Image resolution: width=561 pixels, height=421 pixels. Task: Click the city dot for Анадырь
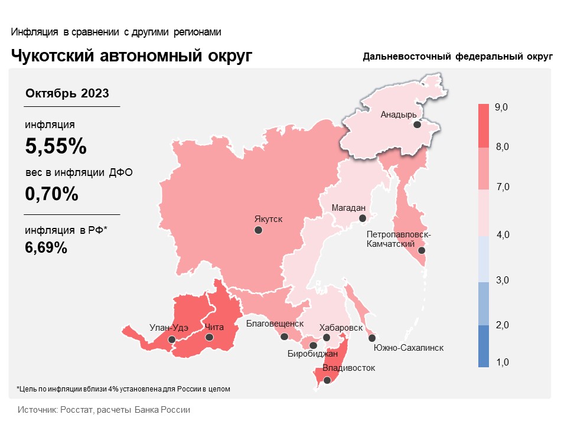pyautogui.click(x=417, y=125)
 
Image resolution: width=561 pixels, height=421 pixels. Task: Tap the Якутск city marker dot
pyautogui.click(x=258, y=230)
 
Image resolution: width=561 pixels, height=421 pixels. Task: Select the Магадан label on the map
pyautogui.click(x=348, y=208)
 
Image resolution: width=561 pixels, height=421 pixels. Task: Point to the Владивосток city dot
pyautogui.click(x=327, y=380)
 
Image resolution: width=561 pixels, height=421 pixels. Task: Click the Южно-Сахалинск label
pyautogui.click(x=409, y=348)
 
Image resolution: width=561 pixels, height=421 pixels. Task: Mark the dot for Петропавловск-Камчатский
pyautogui.click(x=422, y=250)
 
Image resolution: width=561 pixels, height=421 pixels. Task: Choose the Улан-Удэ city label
pyautogui.click(x=169, y=328)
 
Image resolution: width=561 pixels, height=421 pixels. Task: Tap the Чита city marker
pyautogui.click(x=209, y=337)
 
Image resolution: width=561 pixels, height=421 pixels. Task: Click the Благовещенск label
pyautogui.click(x=275, y=324)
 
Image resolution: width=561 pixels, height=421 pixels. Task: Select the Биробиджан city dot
pyautogui.click(x=313, y=345)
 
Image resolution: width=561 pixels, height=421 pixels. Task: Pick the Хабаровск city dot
pyautogui.click(x=327, y=337)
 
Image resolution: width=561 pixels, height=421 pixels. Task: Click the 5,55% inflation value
pyautogui.click(x=56, y=146)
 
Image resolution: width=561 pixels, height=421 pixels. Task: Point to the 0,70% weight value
pyautogui.click(x=51, y=194)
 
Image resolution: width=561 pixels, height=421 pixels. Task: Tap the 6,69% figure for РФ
pyautogui.click(x=46, y=247)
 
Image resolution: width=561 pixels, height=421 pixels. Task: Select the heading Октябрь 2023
pyautogui.click(x=67, y=93)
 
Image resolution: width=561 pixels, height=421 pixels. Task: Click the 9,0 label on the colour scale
pyautogui.click(x=501, y=107)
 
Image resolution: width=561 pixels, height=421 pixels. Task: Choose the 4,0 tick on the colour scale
pyautogui.click(x=503, y=234)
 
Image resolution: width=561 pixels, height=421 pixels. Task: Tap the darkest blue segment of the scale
pyautogui.click(x=484, y=346)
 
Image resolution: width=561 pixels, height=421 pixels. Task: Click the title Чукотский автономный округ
pyautogui.click(x=132, y=56)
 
